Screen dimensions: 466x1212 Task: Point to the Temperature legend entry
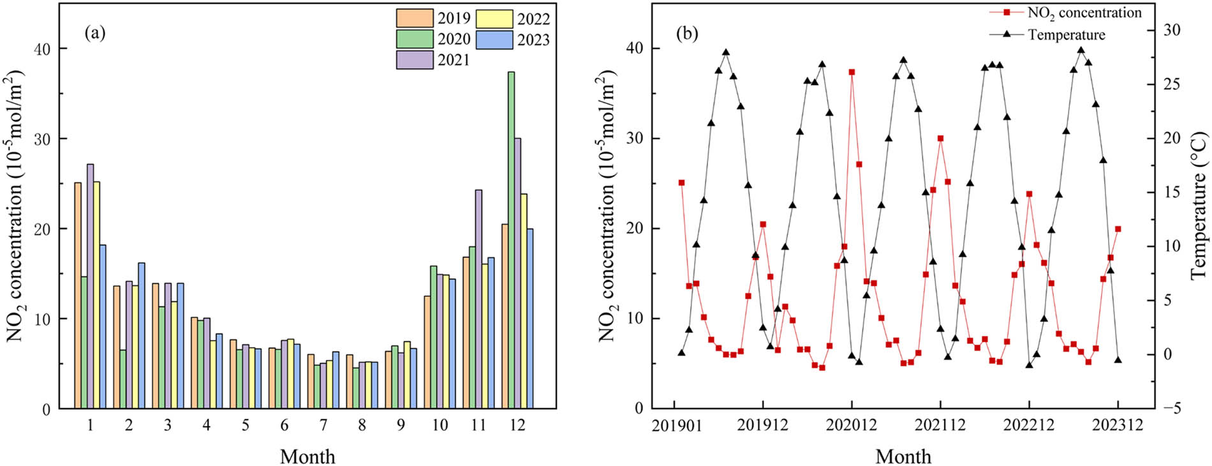coord(1066,34)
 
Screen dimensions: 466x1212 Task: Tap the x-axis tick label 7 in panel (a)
coord(323,425)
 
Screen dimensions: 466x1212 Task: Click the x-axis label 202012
coord(852,425)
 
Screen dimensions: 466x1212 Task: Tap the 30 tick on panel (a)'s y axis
coord(41,139)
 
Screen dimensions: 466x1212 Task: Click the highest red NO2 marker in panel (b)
coord(852,72)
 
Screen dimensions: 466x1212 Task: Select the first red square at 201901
coord(681,183)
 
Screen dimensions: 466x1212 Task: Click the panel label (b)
coord(686,33)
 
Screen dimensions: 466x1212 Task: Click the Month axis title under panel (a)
coord(307,456)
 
